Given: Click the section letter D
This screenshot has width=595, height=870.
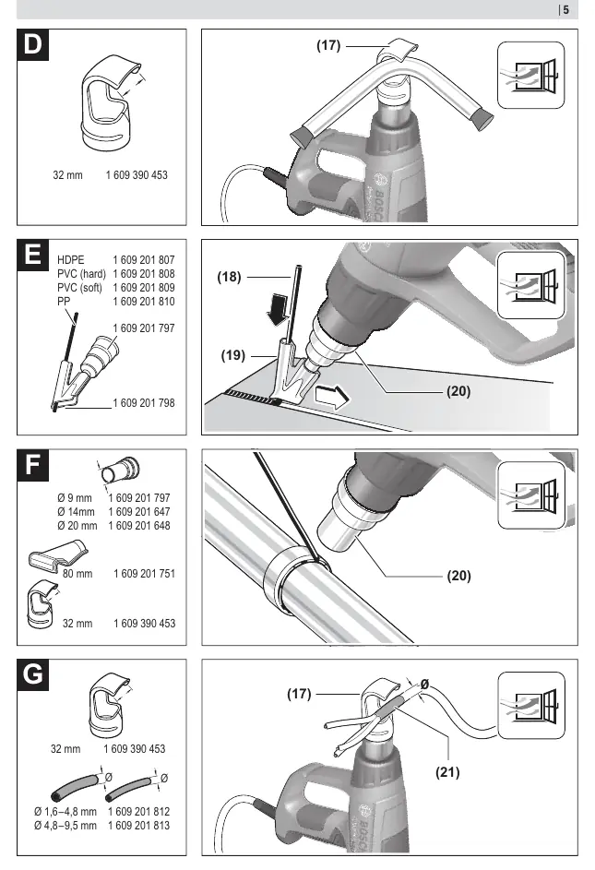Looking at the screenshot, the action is pos(32,44).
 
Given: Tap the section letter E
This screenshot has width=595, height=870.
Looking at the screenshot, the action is pos(32,255).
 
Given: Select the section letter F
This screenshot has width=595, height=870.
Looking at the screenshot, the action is pos(32,465).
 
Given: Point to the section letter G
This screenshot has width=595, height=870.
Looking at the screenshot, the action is pos(32,674).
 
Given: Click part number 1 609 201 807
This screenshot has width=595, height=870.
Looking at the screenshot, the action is pos(144,259).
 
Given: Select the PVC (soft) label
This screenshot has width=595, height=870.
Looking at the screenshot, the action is pos(79,288).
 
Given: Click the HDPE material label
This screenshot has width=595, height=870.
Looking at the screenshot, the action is pos(70,259).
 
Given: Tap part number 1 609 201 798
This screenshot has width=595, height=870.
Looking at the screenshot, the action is pos(144,403).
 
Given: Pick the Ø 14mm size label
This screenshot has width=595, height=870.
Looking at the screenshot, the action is pos(76,511).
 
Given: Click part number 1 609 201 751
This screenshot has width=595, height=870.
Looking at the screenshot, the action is pos(144,573).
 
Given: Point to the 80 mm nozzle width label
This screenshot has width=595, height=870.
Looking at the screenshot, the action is pos(77,573).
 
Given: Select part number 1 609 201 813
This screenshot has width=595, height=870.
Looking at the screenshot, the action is pos(138,825).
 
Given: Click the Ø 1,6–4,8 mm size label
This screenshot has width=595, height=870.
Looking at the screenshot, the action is pos(65,811).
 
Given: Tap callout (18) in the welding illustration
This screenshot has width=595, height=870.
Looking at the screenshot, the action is pos(229,276).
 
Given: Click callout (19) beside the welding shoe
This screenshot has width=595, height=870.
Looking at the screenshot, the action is pos(232,355).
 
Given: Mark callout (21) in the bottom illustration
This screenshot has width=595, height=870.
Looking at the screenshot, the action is pos(447,772).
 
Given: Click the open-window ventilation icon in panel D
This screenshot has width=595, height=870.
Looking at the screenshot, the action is pos(530,75).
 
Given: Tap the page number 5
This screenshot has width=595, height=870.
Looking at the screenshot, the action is pos(565,9).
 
